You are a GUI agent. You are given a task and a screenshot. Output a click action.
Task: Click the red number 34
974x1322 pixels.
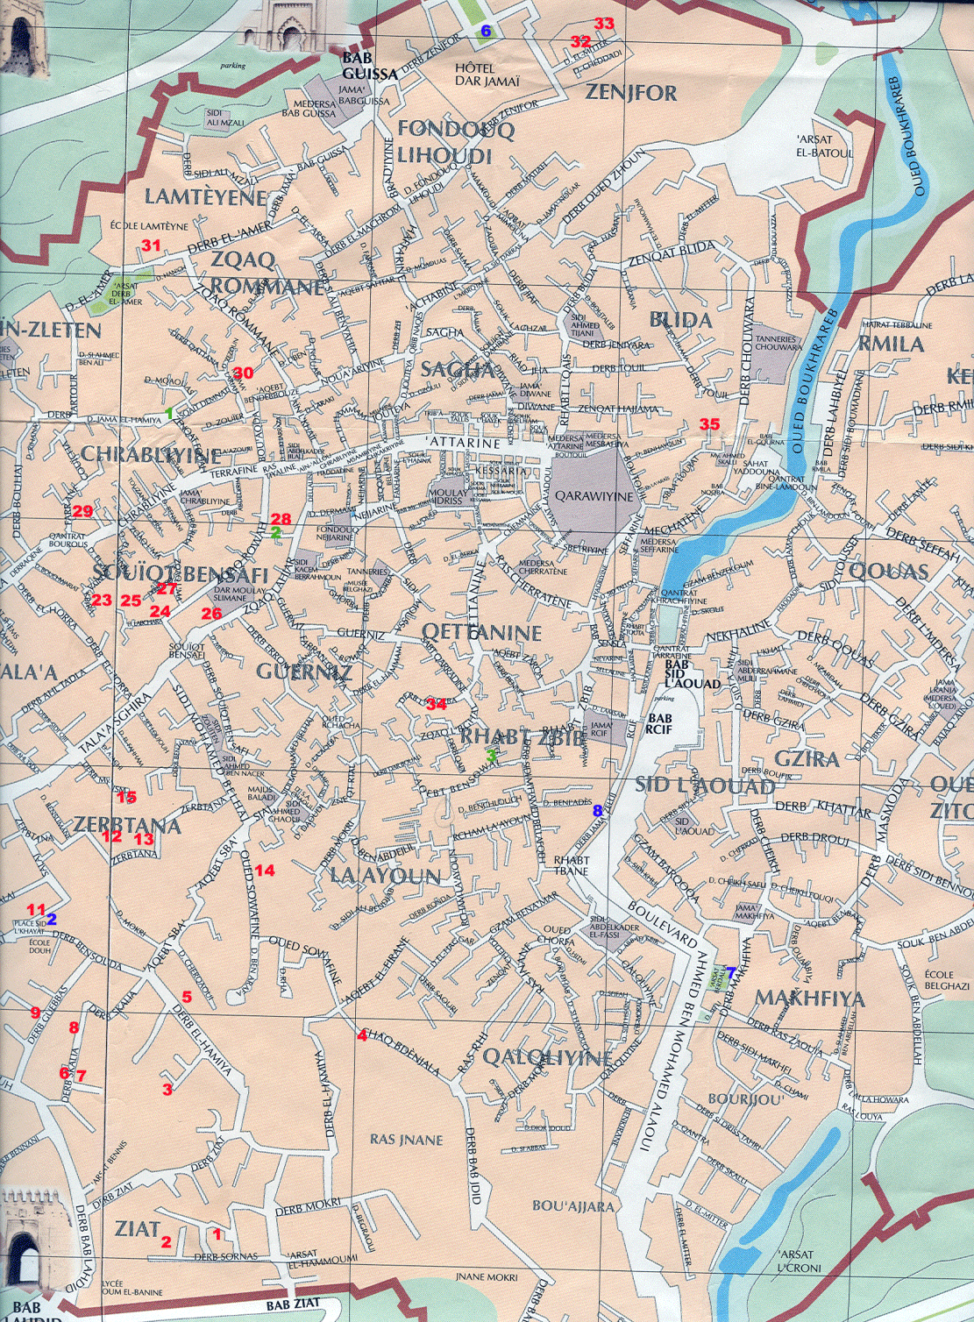click(x=436, y=702)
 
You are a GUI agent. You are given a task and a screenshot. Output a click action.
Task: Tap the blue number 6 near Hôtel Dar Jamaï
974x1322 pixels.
click(x=485, y=32)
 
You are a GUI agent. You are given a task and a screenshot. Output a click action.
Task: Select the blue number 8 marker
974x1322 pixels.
click(x=598, y=811)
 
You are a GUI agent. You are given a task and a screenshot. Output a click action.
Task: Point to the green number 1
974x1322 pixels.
click(x=169, y=412)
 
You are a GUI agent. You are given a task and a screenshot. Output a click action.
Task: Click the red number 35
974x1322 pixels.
click(x=709, y=424)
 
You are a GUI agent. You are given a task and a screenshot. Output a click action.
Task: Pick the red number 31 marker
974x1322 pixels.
click(x=152, y=245)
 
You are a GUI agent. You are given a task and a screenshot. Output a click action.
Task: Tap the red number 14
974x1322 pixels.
click(x=265, y=870)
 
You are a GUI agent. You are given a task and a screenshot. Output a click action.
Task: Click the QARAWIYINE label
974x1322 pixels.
click(x=594, y=496)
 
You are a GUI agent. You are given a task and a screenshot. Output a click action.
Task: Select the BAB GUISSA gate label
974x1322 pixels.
click(x=369, y=67)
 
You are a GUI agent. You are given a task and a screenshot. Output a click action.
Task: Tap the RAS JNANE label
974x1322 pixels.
click(x=406, y=1140)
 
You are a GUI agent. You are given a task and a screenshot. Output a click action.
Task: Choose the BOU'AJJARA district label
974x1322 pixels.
click(x=573, y=1206)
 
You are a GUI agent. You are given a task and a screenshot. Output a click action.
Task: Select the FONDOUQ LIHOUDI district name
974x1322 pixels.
click(x=444, y=142)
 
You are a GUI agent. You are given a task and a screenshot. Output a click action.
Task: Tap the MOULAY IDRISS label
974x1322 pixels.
click(x=448, y=498)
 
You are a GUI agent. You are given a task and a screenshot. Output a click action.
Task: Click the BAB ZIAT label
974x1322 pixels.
click(x=309, y=1304)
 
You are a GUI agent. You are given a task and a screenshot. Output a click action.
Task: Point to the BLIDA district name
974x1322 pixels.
click(x=680, y=320)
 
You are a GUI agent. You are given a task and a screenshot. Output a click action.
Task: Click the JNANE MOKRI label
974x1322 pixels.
click(x=487, y=1277)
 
